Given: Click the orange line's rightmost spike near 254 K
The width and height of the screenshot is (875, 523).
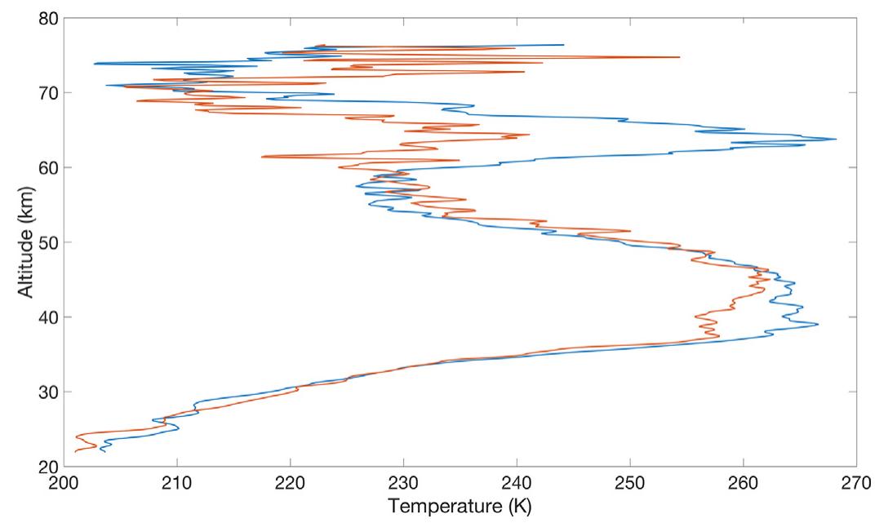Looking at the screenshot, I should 679,57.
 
